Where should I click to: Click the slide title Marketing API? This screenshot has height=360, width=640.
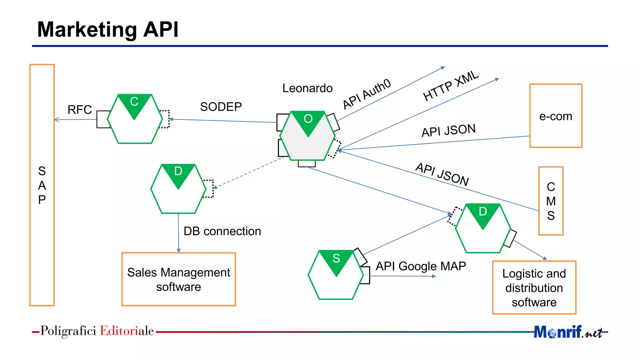point(107,30)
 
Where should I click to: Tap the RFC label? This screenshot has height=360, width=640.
point(79,110)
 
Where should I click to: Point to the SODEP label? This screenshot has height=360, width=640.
point(221,107)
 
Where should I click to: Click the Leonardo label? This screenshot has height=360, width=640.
point(307,88)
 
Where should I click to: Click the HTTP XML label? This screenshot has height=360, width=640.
point(450,86)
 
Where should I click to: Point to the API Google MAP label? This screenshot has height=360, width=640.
point(421,266)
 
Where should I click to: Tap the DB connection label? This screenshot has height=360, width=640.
point(222,231)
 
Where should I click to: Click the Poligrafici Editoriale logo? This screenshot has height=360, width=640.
point(97,331)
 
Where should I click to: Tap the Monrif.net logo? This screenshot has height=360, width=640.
point(567,332)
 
